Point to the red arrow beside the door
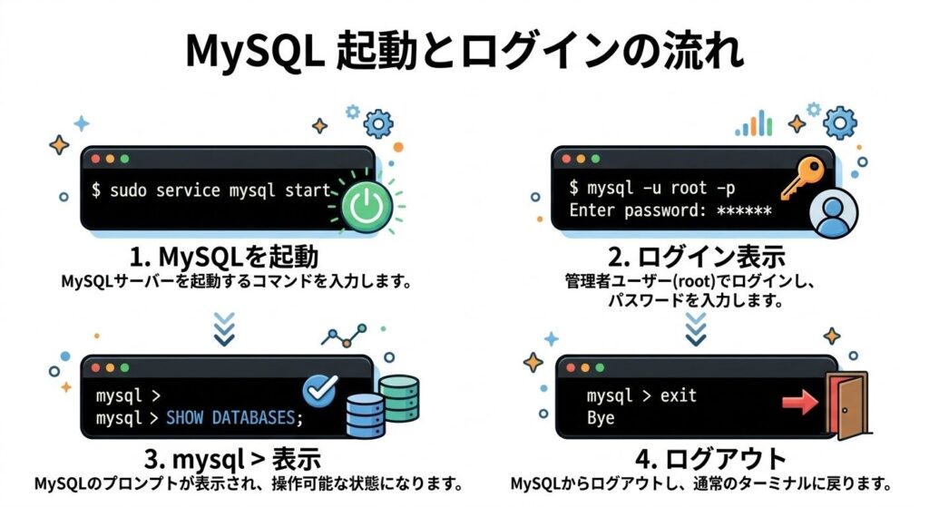tap(800, 399)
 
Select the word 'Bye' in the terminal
tap(601, 418)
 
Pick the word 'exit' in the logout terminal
tap(679, 396)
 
